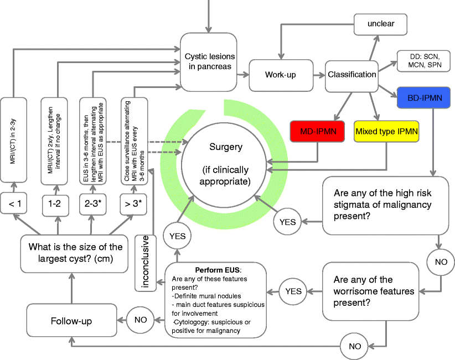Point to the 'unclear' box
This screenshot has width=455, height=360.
point(380,24)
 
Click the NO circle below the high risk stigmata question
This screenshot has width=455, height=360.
point(441,259)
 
